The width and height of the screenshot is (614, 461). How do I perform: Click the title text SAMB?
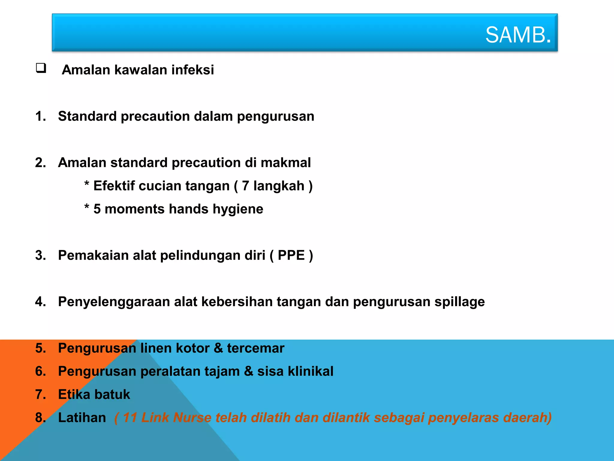coord(518,35)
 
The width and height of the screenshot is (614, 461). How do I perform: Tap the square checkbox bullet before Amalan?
coord(41,68)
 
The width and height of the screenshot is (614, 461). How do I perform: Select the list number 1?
coord(40,116)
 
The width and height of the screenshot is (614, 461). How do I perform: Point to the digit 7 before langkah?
coord(246,186)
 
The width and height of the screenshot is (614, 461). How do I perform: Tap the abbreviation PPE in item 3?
coord(291,255)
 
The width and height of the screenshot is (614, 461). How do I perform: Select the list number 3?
coord(40,255)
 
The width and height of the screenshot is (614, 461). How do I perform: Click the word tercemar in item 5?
coord(255,348)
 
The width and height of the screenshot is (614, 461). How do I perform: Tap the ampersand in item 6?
coord(249,371)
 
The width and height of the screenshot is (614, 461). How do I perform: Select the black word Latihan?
coord(82,418)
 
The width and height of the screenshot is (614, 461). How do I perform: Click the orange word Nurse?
coord(192,418)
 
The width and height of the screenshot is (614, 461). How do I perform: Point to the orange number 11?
coord(130,418)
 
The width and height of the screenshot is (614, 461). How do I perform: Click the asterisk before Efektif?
coord(87,183)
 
